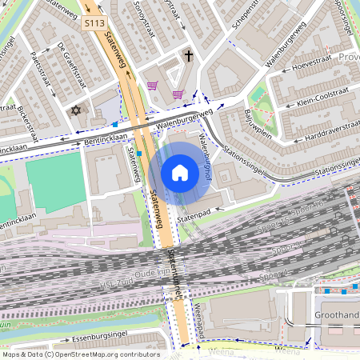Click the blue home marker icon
[180, 173]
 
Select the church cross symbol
[189, 57]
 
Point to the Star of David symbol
[77, 110]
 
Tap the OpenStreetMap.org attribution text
[106, 354]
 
